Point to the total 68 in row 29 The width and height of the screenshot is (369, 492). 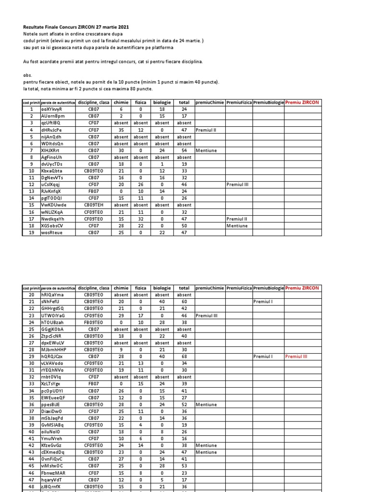pos(184,357)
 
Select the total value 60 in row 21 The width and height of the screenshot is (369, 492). pos(184,302)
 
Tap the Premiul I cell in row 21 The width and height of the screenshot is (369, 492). pos(263,302)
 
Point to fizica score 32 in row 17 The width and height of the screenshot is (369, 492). pos(141,219)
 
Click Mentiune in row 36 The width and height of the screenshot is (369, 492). pos(206,405)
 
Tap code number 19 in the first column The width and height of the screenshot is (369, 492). pos(32,233)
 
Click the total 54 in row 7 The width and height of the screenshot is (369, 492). pos(184,150)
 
